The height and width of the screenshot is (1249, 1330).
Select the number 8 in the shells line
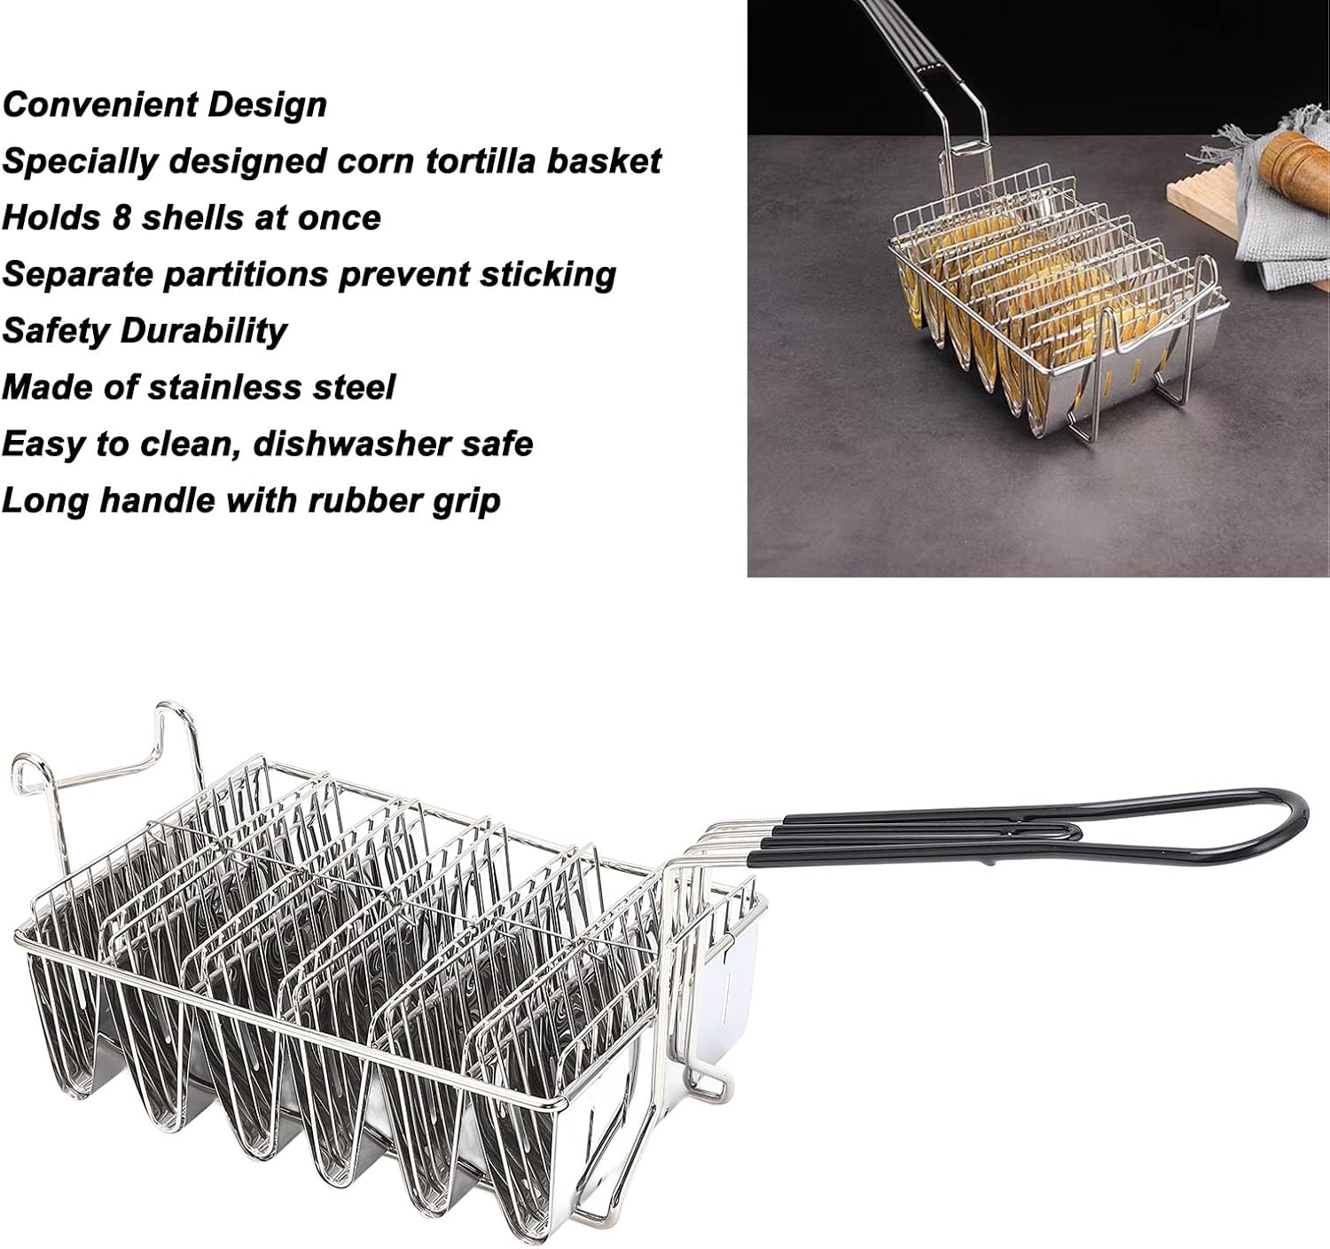tap(121, 217)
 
